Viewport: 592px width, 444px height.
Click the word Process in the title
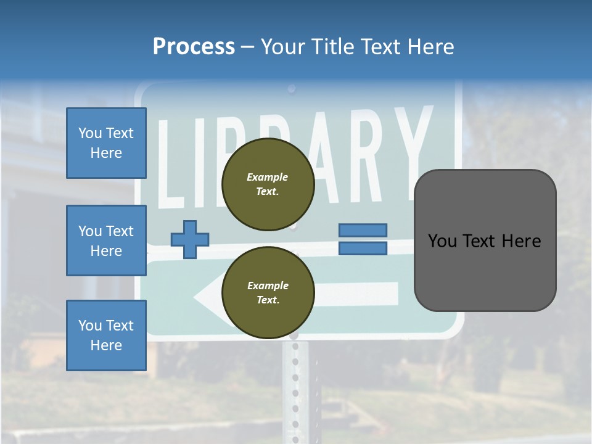coord(194,47)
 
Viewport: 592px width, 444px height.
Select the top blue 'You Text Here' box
coord(106,143)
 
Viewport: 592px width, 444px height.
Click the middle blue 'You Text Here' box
coord(106,240)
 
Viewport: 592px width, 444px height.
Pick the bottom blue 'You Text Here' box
coord(106,335)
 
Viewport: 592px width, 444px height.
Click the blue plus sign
coord(190,239)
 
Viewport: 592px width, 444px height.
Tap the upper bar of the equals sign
coord(363,230)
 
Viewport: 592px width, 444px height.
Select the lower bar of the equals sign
coord(363,248)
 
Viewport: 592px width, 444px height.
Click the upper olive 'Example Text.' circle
coord(268,184)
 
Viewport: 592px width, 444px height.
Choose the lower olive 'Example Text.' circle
coord(268,293)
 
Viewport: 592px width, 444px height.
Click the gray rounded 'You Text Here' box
coord(485,240)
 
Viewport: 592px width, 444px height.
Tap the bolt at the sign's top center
coord(292,89)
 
